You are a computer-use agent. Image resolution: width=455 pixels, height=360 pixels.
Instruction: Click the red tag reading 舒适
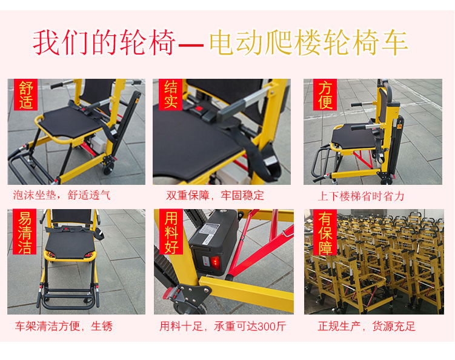[26, 95]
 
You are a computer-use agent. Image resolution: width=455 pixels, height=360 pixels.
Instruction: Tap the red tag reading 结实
[170, 95]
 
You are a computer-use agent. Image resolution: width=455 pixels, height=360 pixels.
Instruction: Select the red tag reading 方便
[325, 95]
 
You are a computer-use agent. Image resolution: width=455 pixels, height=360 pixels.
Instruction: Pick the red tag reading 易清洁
[25, 232]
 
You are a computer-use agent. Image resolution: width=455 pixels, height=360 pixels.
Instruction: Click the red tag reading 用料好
[171, 232]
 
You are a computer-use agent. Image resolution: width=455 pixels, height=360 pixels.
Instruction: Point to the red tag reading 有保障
[325, 232]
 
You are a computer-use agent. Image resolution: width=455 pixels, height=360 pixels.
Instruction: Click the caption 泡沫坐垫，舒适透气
[62, 195]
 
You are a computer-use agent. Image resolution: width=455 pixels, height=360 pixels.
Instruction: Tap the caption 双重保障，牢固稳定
[215, 195]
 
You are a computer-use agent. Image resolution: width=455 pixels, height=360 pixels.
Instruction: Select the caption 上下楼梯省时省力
[361, 196]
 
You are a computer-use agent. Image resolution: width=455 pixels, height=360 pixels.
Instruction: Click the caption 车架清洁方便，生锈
[64, 326]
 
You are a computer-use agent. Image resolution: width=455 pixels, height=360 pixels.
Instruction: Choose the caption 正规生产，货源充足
[367, 326]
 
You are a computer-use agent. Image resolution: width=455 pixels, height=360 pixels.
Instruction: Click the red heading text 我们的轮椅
[104, 42]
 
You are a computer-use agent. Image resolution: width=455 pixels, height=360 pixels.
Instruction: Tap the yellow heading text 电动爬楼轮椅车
[309, 42]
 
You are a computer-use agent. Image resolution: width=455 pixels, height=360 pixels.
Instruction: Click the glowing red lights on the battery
[215, 262]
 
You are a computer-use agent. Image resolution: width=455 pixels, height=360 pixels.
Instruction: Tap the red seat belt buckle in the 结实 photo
[199, 109]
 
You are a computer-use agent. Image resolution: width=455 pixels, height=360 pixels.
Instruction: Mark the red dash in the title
[191, 45]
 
